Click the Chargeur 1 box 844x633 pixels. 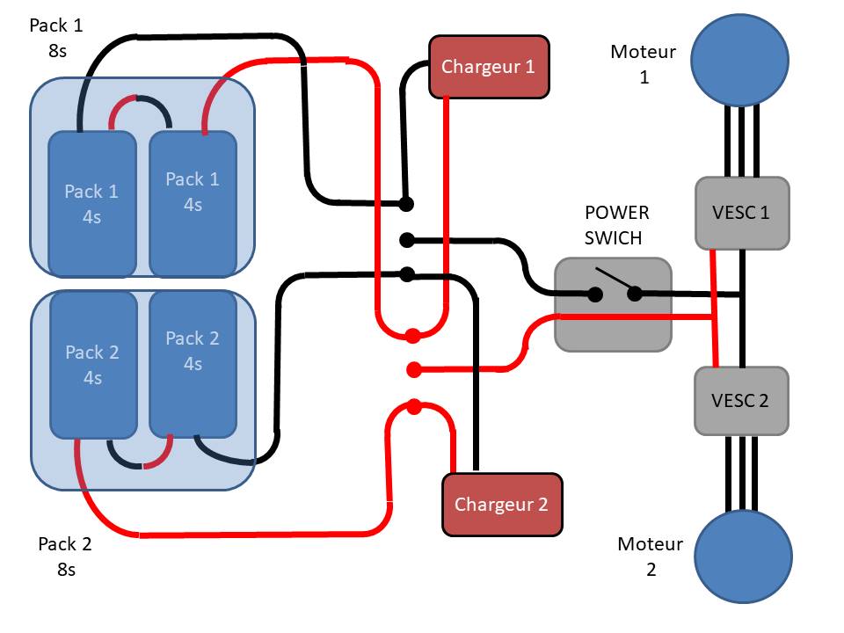click(x=489, y=67)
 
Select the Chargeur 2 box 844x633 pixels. click(x=501, y=504)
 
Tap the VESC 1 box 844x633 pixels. click(x=742, y=213)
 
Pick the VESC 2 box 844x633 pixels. click(x=740, y=400)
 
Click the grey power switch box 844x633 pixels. click(x=613, y=304)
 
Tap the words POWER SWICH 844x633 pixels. click(x=617, y=225)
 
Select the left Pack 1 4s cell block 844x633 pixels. click(x=92, y=203)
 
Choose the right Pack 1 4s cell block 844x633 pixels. click(x=193, y=203)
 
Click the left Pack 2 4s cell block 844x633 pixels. click(x=93, y=365)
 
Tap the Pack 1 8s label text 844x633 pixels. click(x=57, y=37)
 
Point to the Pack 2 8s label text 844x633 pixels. click(x=65, y=556)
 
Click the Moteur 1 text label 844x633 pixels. click(x=644, y=64)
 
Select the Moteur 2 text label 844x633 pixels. click(x=651, y=556)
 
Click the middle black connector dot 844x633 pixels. click(x=406, y=239)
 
